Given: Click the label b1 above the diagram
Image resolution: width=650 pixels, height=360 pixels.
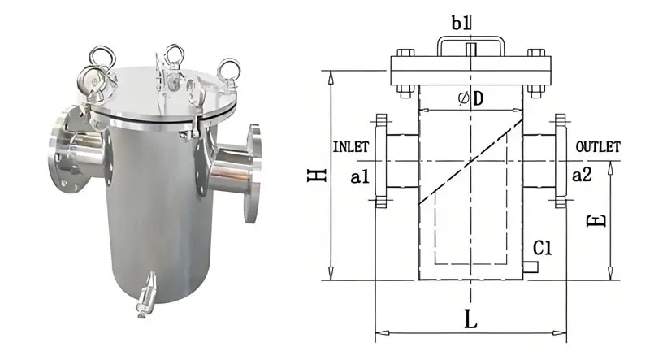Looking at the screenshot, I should tap(470, 22).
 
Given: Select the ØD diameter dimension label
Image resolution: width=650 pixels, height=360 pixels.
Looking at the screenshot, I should tap(470, 98).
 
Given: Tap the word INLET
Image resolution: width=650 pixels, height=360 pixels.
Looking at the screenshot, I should tap(351, 147).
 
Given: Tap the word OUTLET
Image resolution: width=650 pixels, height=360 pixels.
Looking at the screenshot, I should tap(597, 147).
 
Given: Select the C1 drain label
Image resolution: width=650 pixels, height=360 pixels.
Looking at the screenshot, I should tap(543, 248).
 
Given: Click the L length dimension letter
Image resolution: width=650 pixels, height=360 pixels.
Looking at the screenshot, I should tap(470, 319).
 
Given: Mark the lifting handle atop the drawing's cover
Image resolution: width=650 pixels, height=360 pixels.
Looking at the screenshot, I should tap(470, 43).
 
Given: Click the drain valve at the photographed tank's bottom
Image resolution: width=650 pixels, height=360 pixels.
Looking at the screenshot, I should tap(145, 297).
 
